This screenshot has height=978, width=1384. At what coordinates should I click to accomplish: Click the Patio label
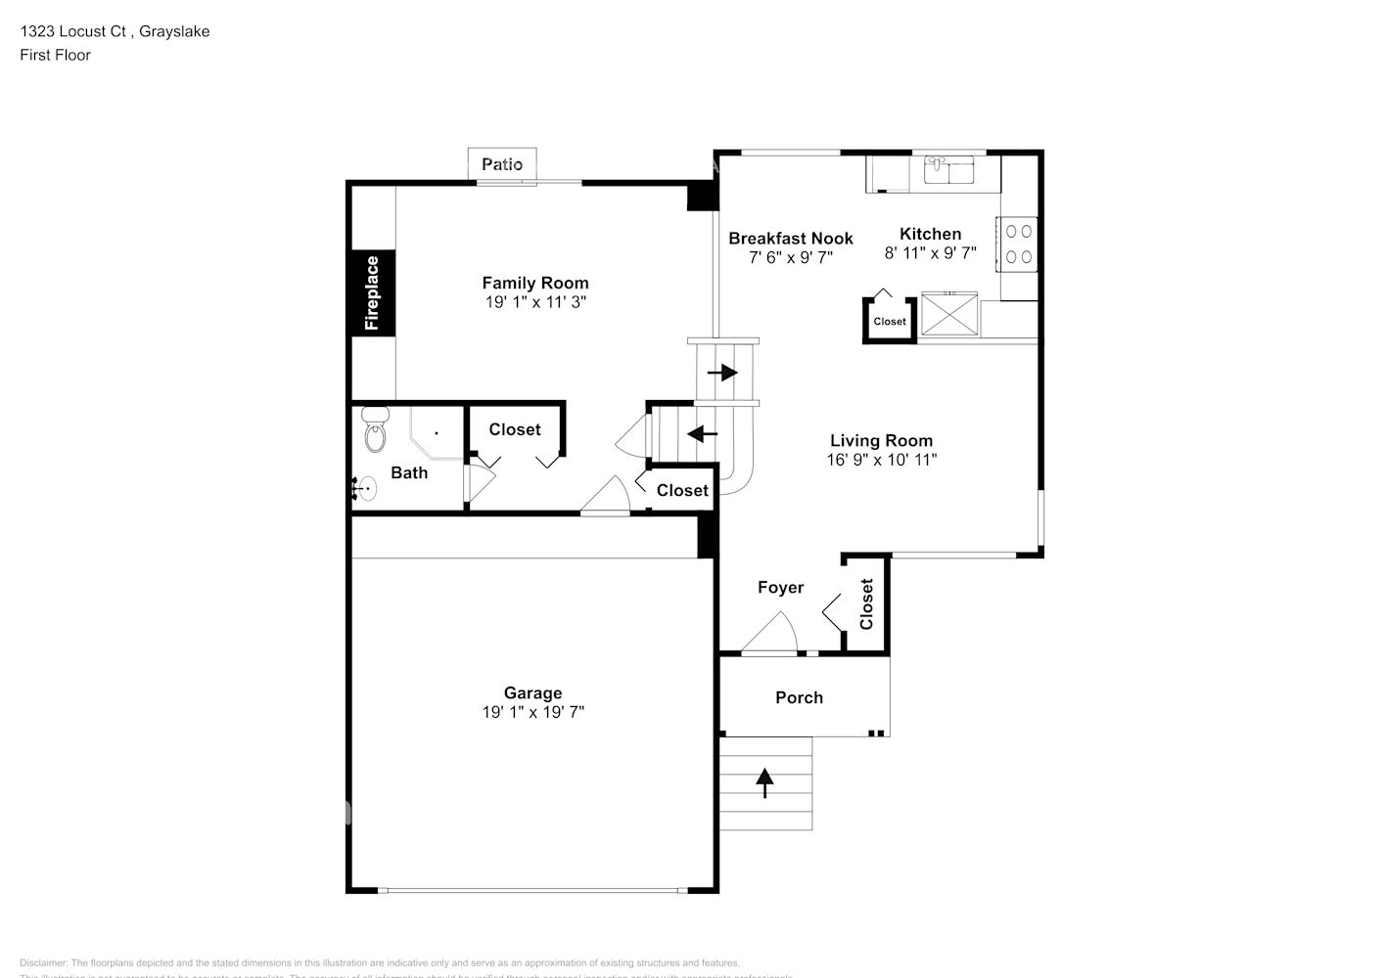tap(502, 164)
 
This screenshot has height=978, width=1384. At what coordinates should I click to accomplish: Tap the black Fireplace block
tap(373, 292)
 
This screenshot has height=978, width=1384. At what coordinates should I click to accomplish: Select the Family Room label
tap(535, 283)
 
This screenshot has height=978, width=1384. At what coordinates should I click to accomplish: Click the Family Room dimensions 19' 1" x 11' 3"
tap(535, 302)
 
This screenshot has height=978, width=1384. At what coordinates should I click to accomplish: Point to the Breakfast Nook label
tap(790, 238)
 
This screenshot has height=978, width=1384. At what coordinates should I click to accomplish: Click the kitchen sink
tap(947, 169)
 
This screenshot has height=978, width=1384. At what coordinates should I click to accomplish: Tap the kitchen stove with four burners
tap(1019, 244)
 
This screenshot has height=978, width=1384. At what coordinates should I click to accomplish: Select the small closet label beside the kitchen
tap(890, 321)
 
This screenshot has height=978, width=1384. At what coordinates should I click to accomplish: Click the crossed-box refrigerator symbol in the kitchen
tap(948, 313)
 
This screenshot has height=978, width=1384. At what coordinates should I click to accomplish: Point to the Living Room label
tap(881, 440)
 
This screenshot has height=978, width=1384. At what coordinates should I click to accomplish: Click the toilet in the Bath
tap(374, 430)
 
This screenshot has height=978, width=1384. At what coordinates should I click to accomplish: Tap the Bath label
tap(409, 472)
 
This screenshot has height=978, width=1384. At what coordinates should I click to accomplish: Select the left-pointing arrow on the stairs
tap(702, 433)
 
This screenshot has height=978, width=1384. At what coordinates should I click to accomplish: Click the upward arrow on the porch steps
tap(764, 782)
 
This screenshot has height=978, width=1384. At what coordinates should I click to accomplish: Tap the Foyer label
tap(780, 587)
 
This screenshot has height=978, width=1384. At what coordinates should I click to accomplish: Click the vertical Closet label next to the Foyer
tap(866, 604)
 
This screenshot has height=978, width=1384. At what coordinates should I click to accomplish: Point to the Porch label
tap(799, 697)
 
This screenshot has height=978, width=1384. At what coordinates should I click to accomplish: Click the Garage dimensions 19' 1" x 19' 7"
tap(532, 712)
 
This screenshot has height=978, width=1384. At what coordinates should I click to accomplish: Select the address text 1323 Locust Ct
tap(73, 31)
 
